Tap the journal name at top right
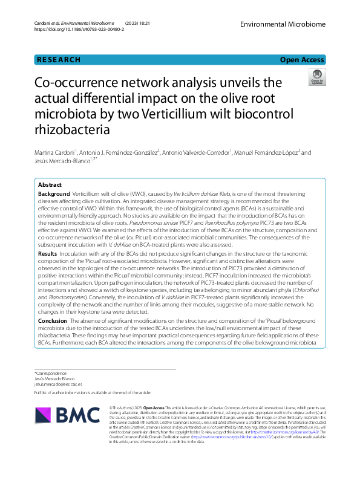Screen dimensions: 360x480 [x=283, y=24]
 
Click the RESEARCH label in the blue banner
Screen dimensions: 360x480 [x=59, y=60]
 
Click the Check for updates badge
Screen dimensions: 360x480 [x=317, y=77]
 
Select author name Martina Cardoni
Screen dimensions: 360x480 [x=57, y=153]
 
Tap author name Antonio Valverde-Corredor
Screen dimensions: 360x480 [x=195, y=153]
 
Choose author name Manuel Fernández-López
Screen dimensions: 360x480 [x=267, y=153]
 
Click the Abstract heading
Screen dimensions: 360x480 [x=50, y=184]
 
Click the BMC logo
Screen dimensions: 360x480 [x=67, y=415]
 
